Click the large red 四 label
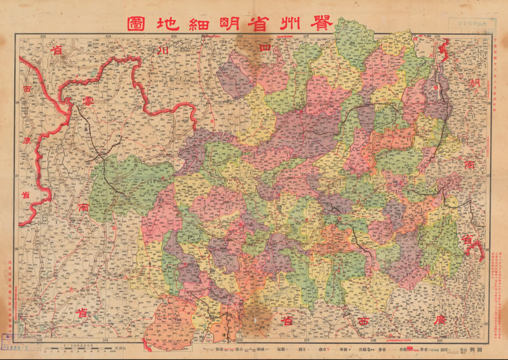click(265, 47)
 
